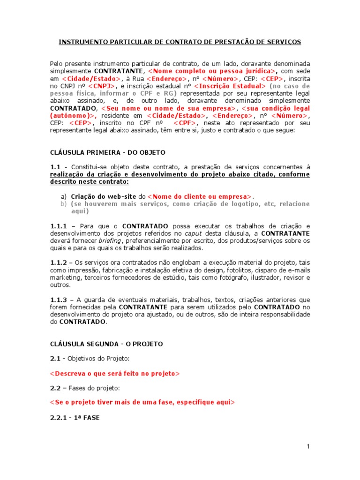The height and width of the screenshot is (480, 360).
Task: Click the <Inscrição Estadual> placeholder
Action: (x=230, y=86)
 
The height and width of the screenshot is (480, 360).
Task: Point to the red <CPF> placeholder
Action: (x=185, y=123)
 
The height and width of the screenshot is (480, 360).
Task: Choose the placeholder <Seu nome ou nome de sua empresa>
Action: (x=162, y=108)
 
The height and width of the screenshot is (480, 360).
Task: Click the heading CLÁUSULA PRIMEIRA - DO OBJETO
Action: (x=107, y=152)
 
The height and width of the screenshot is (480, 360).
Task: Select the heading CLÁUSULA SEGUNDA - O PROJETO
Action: (x=106, y=344)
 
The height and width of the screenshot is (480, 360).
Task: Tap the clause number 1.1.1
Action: (x=59, y=226)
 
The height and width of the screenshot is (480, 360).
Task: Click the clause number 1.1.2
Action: (x=59, y=262)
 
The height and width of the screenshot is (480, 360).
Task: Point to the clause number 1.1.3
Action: (x=59, y=299)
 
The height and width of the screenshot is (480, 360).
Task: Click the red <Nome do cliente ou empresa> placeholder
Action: (x=200, y=196)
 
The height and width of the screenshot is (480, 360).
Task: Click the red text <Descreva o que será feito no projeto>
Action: (x=114, y=374)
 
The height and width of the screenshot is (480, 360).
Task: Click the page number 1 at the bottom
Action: (x=308, y=447)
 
